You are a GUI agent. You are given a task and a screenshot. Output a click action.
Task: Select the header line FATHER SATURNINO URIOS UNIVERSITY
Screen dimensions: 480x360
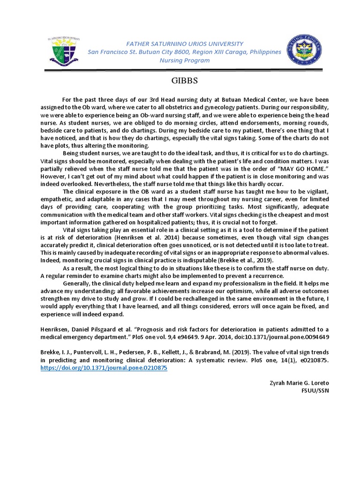(x=185, y=43)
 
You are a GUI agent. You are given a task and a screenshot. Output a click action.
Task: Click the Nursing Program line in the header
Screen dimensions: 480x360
(x=185, y=61)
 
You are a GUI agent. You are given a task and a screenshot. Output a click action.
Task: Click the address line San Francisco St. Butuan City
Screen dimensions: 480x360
(x=185, y=52)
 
